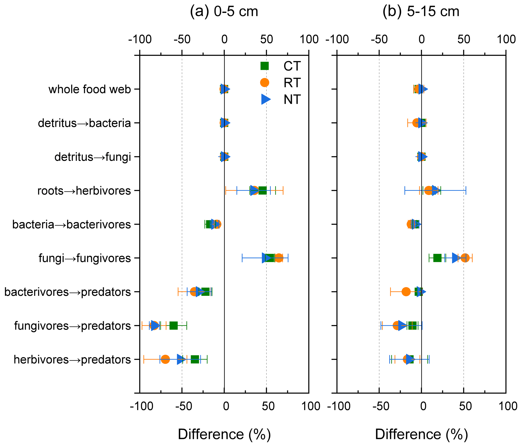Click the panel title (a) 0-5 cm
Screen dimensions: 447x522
click(224, 12)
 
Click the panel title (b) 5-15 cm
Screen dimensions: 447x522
click(421, 12)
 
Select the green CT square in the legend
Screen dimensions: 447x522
click(264, 66)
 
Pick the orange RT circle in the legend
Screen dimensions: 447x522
click(264, 83)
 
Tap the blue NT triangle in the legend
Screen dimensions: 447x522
click(265, 99)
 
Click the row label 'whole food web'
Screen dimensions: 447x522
click(90, 89)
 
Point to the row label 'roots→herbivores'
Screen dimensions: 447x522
click(84, 191)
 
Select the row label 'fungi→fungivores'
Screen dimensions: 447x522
click(85, 258)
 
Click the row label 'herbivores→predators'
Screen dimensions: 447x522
click(72, 360)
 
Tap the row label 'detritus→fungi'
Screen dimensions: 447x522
click(93, 157)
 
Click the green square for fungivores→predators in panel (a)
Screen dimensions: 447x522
click(173, 326)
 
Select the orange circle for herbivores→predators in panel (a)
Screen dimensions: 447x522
click(165, 359)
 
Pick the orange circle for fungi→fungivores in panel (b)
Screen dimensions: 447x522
click(465, 258)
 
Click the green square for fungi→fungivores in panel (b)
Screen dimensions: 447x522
click(437, 258)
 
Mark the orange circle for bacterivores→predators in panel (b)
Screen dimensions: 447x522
click(406, 292)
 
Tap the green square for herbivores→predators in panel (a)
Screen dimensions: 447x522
click(195, 359)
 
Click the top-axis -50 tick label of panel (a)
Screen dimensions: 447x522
click(182, 40)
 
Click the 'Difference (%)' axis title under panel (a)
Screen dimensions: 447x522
click(224, 434)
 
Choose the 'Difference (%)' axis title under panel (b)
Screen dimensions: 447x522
click(421, 434)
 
